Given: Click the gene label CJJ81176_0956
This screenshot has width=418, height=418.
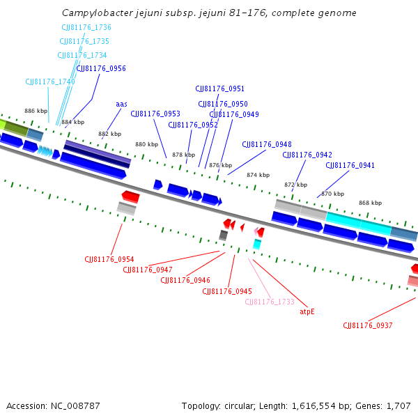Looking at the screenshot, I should [101, 68].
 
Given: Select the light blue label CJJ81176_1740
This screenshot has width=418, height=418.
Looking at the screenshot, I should [50, 82].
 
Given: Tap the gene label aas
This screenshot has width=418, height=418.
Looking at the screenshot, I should [121, 104].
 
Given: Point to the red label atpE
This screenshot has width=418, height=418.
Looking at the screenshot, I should [307, 311].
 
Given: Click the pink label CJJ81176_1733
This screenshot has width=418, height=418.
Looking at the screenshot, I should [270, 302].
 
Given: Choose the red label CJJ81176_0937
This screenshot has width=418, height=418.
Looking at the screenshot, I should [368, 325].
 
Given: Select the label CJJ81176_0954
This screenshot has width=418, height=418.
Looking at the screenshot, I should [109, 259].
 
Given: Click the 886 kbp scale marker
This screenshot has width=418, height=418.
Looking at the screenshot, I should [36, 111].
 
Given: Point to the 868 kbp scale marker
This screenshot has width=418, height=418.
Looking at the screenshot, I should [370, 203].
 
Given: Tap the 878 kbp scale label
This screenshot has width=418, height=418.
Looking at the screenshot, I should [183, 155].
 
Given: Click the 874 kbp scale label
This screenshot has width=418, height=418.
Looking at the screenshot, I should [257, 175].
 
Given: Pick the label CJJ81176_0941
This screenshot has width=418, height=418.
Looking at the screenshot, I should [350, 165].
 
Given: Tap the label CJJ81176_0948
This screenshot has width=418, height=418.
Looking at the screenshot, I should [267, 144].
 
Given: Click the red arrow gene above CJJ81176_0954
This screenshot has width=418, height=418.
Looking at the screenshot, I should [130, 196].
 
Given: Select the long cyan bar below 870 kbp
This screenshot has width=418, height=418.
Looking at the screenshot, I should [358, 222].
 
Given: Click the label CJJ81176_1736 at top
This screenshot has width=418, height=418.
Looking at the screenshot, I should [86, 27].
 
